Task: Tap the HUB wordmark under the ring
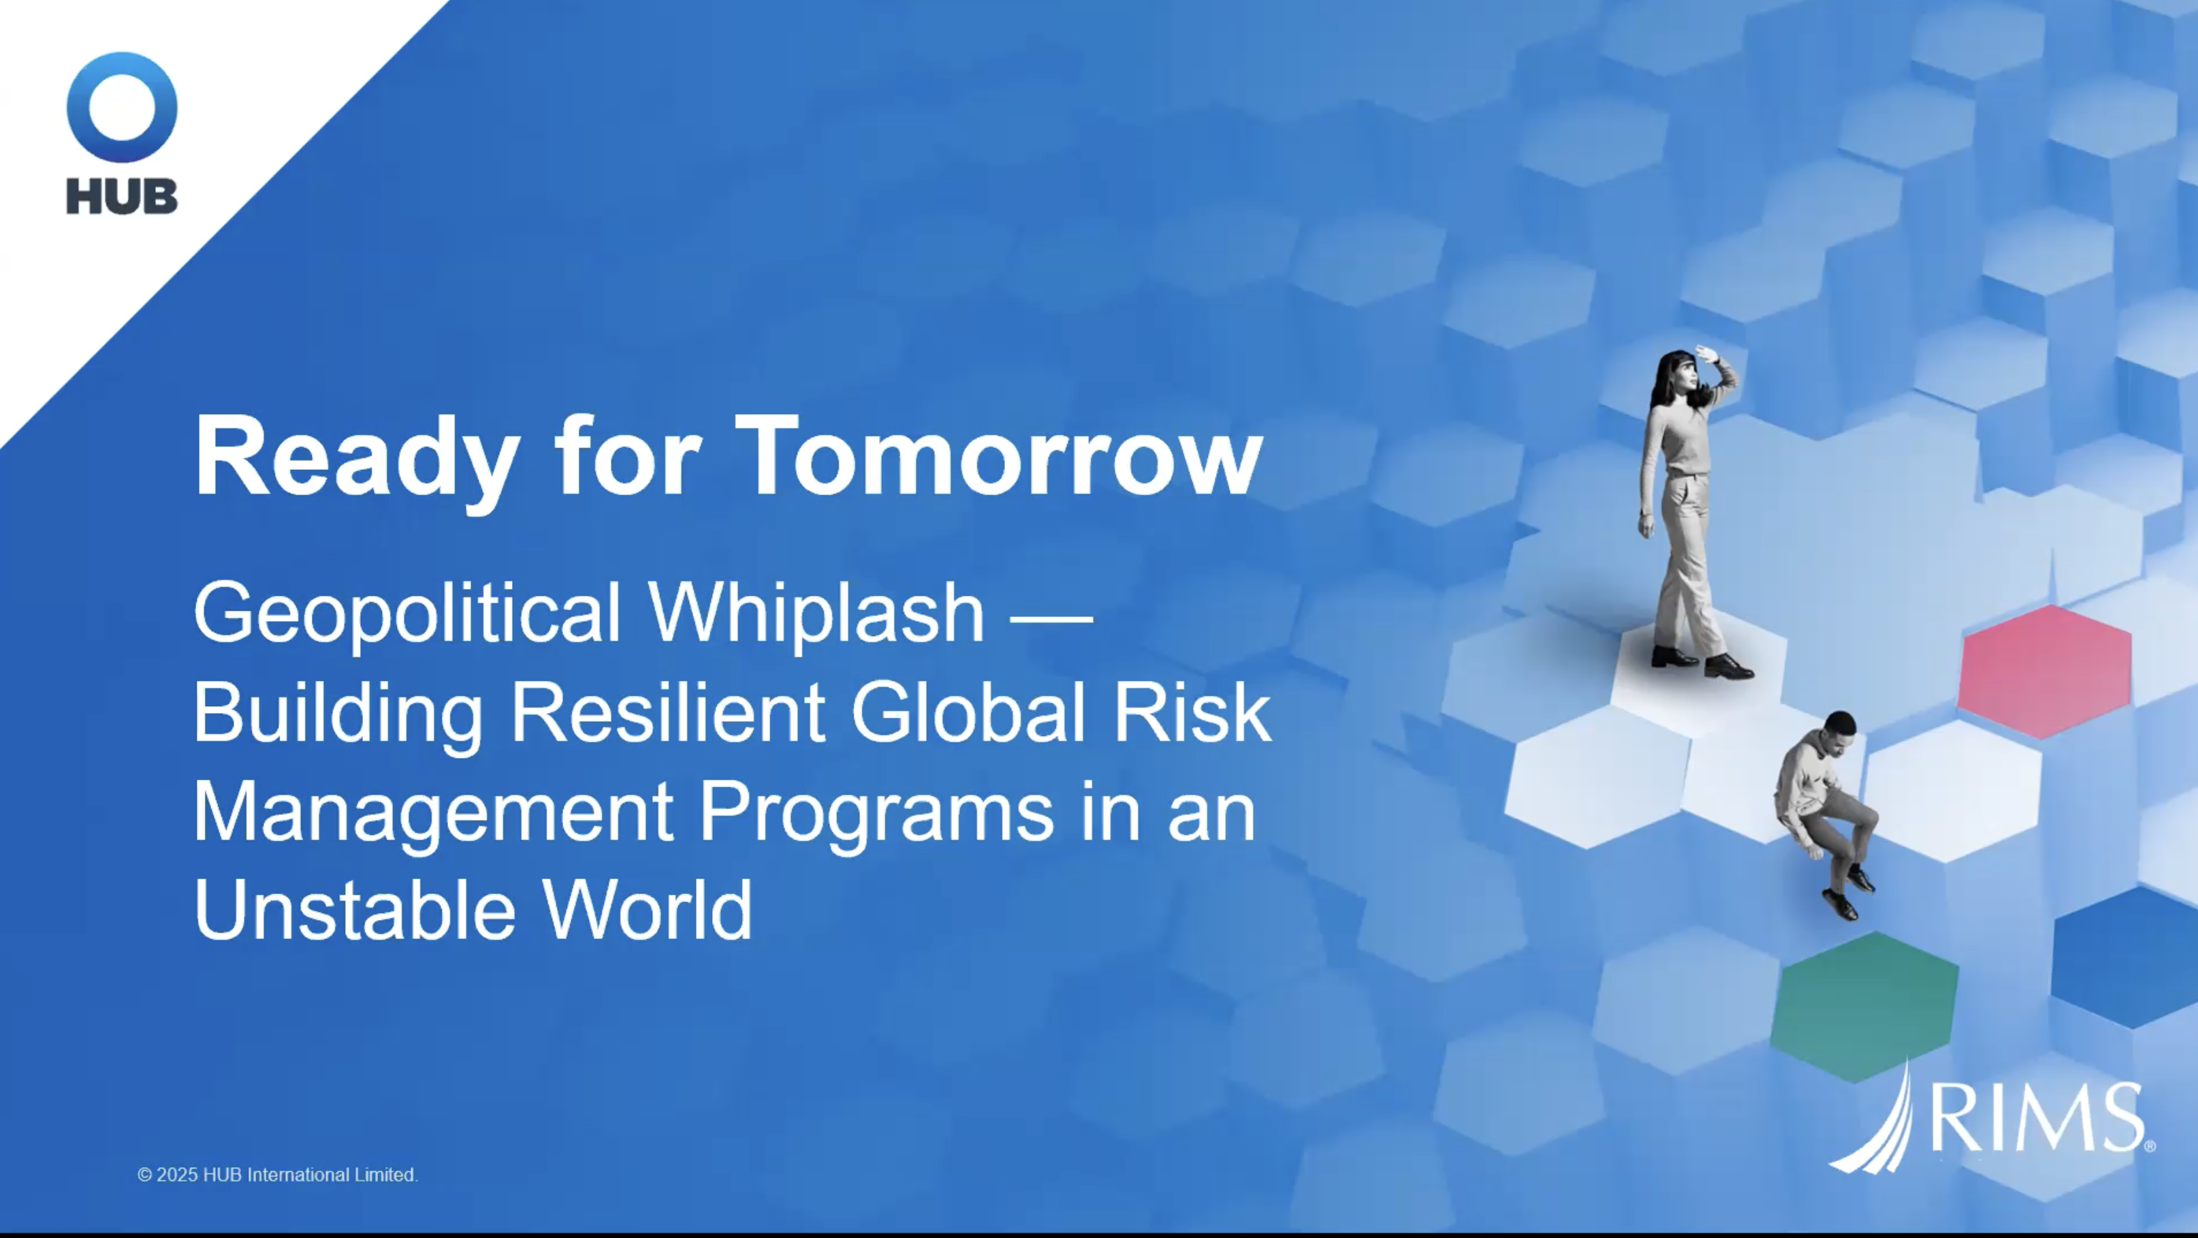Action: point(122,196)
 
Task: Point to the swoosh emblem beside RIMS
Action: point(1877,1126)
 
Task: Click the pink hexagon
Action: point(2043,672)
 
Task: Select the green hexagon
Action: point(1864,1006)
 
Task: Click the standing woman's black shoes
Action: point(1702,662)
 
